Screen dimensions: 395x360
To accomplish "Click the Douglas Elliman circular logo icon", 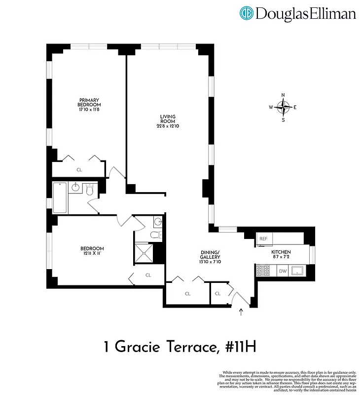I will click(x=247, y=13).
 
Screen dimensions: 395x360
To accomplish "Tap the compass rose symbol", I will click(x=283, y=107).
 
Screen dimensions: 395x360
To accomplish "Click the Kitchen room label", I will click(x=281, y=252).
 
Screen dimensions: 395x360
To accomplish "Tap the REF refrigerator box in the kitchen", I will click(x=263, y=239).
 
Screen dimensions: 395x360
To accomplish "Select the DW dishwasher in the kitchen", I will click(x=283, y=271).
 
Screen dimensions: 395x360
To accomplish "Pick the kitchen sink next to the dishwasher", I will click(x=297, y=270).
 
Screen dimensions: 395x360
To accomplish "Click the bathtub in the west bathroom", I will click(x=60, y=197).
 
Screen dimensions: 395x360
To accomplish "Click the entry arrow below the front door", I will click(x=241, y=312).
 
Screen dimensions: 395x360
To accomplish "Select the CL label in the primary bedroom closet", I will click(x=79, y=169).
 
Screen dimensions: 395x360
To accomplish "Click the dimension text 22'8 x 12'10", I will click(x=168, y=125).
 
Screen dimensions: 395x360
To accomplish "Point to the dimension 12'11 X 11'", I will click(x=92, y=254).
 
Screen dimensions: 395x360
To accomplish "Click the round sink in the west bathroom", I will click(x=76, y=188).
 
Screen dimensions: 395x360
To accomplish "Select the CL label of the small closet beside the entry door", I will click(x=218, y=293).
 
